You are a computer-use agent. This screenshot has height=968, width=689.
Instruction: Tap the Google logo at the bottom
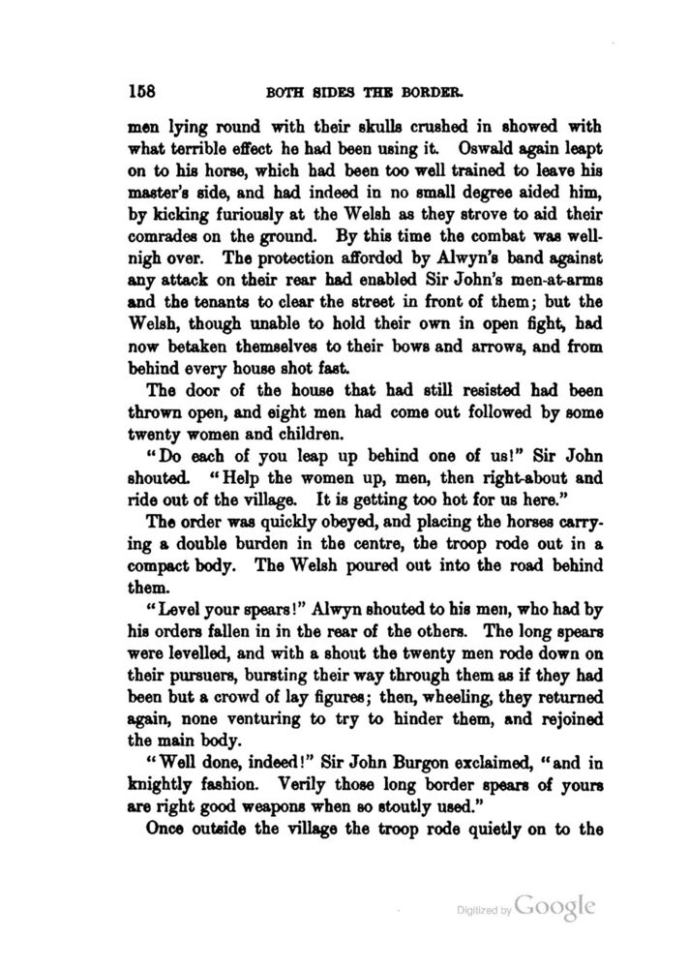point(554,907)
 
